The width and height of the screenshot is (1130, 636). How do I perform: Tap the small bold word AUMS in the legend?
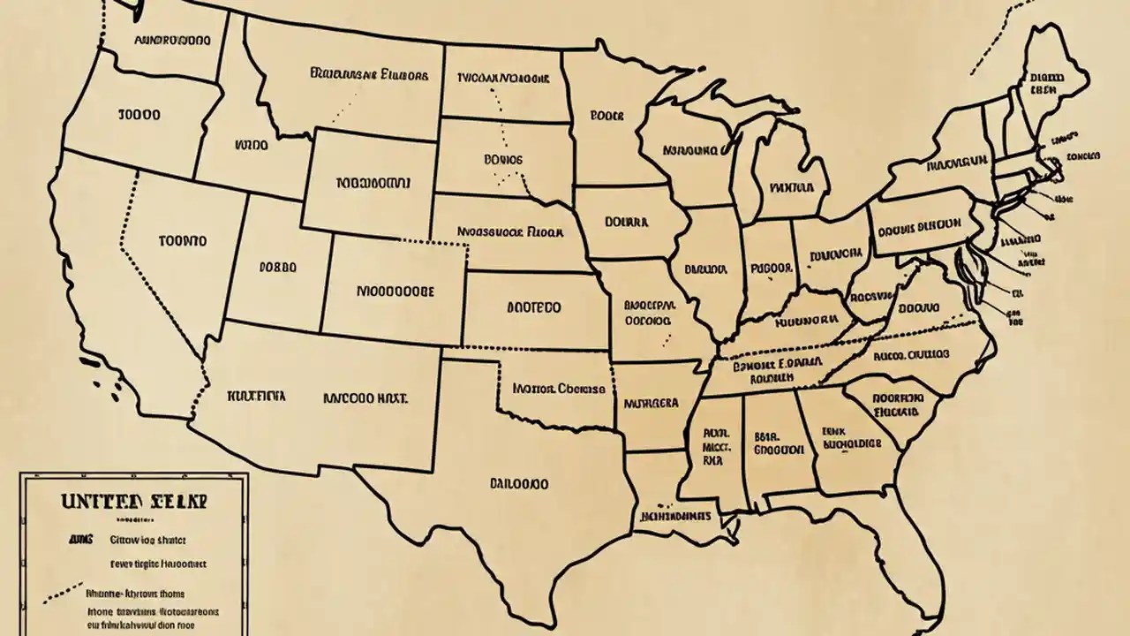click(81, 538)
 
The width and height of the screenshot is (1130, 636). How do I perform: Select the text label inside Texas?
click(518, 484)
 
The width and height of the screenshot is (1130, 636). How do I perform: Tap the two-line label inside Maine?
click(1045, 83)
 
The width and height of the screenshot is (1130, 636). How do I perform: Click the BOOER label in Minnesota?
click(606, 116)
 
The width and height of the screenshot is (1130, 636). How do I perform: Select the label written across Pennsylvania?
click(919, 224)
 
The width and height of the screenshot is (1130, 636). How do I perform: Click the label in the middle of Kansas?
click(533, 308)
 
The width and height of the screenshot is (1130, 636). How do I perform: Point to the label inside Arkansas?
click(652, 403)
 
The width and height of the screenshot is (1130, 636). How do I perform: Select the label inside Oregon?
click(138, 115)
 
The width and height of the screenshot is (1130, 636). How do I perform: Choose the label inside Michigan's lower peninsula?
click(790, 187)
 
